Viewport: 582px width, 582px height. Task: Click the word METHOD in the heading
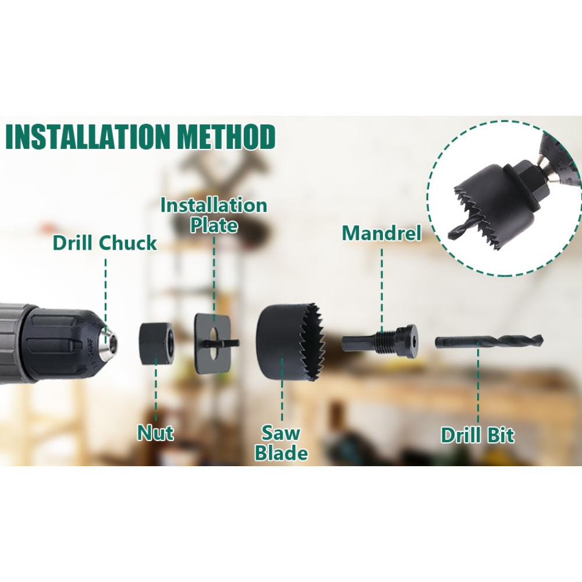pos(226,137)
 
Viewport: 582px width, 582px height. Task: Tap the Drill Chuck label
pos(105,243)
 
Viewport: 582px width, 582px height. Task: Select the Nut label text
pos(155,433)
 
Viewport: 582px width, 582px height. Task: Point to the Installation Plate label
pos(214,215)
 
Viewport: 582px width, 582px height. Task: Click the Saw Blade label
pos(281,443)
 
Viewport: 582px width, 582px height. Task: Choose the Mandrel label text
pos(382,233)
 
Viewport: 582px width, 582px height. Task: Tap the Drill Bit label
pos(477,435)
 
